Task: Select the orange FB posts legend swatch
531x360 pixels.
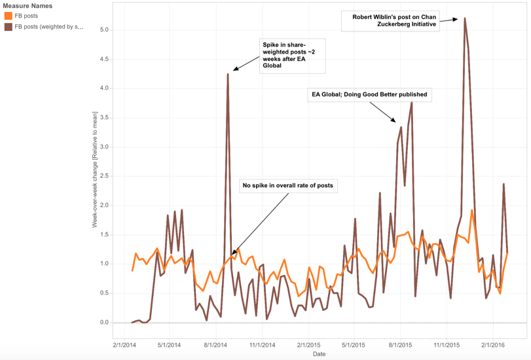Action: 9,16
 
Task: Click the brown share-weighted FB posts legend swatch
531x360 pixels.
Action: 9,27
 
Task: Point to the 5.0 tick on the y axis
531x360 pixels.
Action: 104,29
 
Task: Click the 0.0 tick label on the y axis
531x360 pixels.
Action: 104,323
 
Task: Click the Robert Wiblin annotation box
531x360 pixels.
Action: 390,20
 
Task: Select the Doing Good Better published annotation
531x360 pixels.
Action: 369,95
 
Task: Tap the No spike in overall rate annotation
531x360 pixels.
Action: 288,186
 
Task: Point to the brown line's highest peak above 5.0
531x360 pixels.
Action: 464,18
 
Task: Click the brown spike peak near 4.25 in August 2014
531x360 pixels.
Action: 227,74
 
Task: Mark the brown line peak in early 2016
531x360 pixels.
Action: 504,184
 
